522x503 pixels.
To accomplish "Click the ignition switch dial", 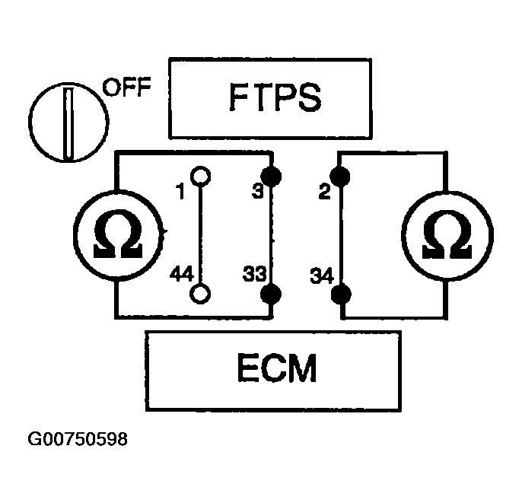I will point(66,122).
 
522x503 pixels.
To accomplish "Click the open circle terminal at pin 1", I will point(200,177).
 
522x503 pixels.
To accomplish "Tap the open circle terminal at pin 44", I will point(200,292).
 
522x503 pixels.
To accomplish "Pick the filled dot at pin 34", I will point(342,293).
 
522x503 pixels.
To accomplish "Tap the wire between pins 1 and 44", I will point(200,234).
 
